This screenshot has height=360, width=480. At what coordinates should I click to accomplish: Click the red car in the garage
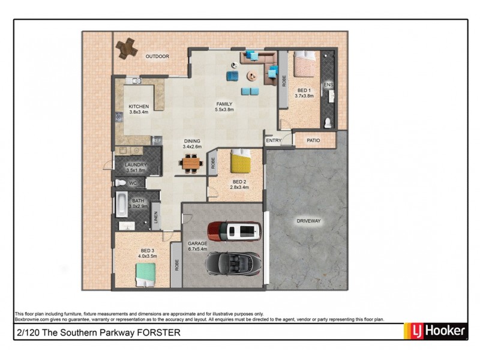235,230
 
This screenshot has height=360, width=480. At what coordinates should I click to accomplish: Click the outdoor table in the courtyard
127,48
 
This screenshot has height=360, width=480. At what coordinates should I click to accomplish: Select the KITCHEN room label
138,107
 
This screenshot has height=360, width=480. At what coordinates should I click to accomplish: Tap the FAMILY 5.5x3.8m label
224,107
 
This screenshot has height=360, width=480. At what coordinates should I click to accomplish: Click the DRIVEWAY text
308,221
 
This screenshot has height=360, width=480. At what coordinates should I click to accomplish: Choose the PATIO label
313,141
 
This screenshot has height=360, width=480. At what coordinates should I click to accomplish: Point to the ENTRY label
274,141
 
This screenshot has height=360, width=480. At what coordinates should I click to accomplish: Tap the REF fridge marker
157,141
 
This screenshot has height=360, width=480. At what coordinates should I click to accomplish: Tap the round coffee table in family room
252,76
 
